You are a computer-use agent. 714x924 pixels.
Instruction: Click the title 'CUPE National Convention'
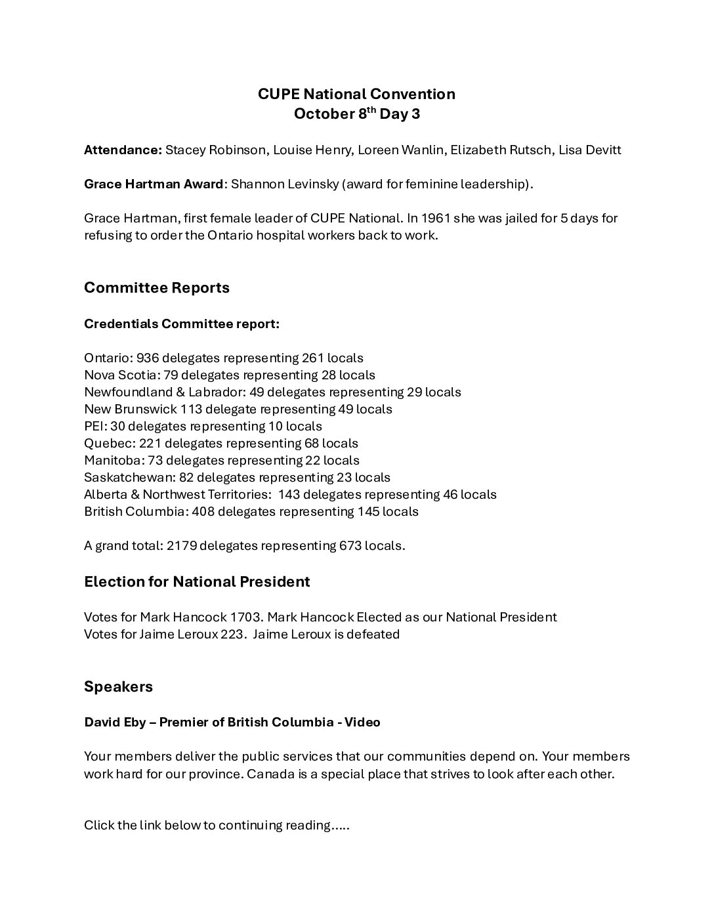pyautogui.click(x=356, y=94)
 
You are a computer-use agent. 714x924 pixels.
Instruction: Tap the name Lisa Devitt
pyautogui.click(x=589, y=150)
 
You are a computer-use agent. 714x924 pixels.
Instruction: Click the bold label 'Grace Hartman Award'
pyautogui.click(x=154, y=184)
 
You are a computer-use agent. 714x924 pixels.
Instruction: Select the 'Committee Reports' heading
pyautogui.click(x=157, y=287)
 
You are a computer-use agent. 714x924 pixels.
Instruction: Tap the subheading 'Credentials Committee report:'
pyautogui.click(x=182, y=324)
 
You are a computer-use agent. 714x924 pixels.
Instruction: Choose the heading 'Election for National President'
pyautogui.click(x=197, y=581)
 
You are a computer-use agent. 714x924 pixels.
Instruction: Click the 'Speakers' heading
pyautogui.click(x=118, y=686)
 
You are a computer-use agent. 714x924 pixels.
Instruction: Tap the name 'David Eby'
pyautogui.click(x=110, y=722)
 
